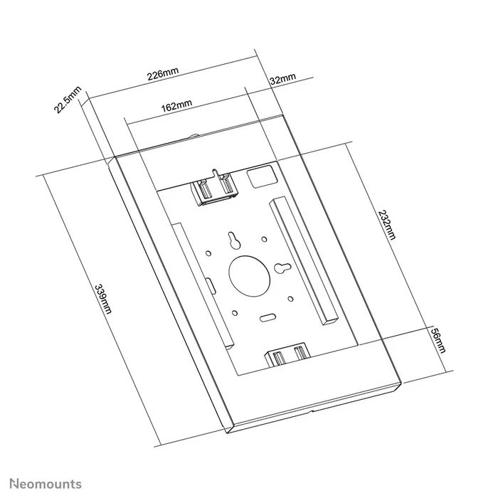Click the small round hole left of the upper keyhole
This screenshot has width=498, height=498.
[208, 250]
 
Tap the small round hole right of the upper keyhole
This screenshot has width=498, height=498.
[264, 239]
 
